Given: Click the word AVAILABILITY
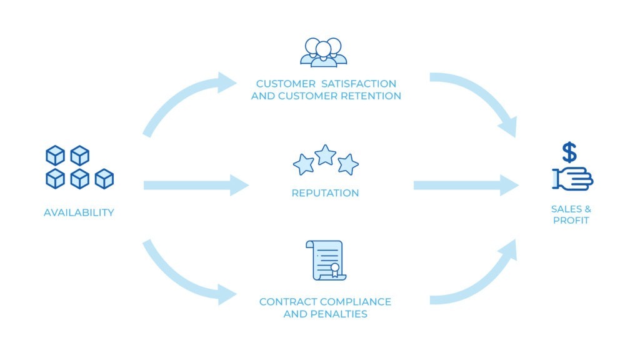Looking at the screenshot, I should click(x=79, y=212).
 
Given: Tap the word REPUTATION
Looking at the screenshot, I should click(x=325, y=193).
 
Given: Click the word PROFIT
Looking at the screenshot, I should click(x=571, y=221).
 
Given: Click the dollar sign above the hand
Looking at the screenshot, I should click(x=569, y=152).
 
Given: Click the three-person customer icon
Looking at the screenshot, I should click(x=323, y=52).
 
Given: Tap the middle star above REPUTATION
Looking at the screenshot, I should click(x=325, y=154).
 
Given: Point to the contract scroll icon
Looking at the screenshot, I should click(x=325, y=259).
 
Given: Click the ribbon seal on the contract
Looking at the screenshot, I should click(x=335, y=269).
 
